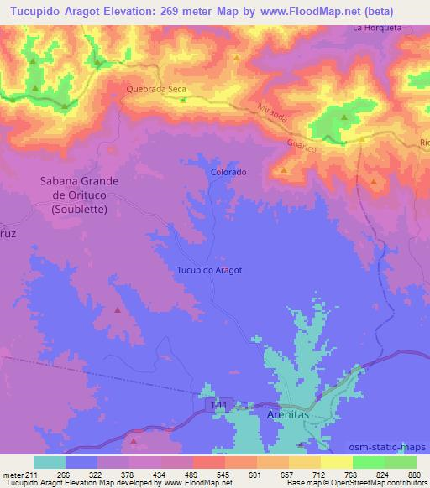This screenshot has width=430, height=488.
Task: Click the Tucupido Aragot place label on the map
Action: tap(209, 270)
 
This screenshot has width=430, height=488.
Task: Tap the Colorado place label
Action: tap(228, 172)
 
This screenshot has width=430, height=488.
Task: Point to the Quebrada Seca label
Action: tap(155, 88)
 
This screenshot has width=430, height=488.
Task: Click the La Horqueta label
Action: tap(377, 28)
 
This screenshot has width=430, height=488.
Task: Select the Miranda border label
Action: tap(273, 115)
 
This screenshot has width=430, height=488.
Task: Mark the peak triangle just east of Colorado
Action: tap(284, 170)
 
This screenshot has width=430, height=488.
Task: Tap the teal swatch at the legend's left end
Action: tap(50, 462)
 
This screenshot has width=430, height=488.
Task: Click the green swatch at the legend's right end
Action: tap(401, 462)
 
